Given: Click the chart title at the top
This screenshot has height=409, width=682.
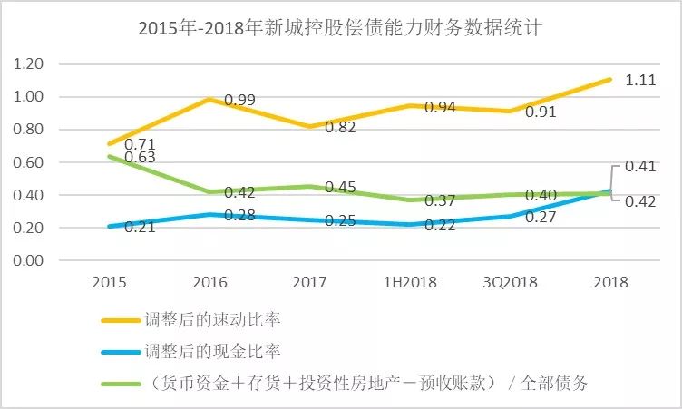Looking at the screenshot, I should [340, 28].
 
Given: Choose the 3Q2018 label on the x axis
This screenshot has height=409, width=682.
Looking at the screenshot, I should [510, 282].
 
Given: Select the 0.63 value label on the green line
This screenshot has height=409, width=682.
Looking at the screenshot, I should [141, 158].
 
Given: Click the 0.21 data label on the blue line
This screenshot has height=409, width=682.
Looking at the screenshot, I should [140, 227].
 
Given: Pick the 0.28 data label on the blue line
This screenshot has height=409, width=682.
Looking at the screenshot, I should [239, 216].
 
